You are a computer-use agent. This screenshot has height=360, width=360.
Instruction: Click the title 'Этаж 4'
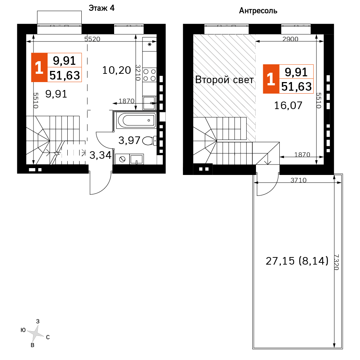102,8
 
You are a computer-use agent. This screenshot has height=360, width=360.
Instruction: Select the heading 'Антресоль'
258,11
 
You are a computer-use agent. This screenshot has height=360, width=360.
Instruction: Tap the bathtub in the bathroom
136,120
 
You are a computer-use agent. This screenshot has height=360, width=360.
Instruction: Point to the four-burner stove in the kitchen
149,75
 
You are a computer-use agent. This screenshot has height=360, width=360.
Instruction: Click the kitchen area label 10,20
117,70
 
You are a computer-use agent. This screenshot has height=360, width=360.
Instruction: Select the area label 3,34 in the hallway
100,155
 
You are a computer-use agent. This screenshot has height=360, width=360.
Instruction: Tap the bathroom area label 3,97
129,140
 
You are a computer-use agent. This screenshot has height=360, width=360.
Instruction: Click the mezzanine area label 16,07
288,105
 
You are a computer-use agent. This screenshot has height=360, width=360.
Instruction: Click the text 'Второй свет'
224,80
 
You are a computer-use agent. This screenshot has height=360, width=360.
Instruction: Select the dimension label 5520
92,39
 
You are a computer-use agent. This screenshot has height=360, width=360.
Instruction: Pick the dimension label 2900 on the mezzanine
291,39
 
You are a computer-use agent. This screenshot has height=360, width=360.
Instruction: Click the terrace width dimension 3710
298,180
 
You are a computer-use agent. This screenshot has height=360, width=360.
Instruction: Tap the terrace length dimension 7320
336,262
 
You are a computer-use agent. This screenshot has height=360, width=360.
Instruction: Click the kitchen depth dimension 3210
138,73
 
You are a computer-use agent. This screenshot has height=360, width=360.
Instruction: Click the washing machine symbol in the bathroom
122,159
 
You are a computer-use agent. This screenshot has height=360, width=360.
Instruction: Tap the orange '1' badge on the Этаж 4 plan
39,68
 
